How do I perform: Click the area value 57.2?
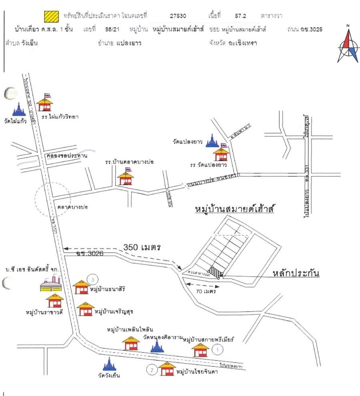[240, 16]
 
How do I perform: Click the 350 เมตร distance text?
[142, 247]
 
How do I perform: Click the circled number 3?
[92, 279]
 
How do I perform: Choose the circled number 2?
[152, 370]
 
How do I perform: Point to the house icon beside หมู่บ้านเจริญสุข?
[85, 309]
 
